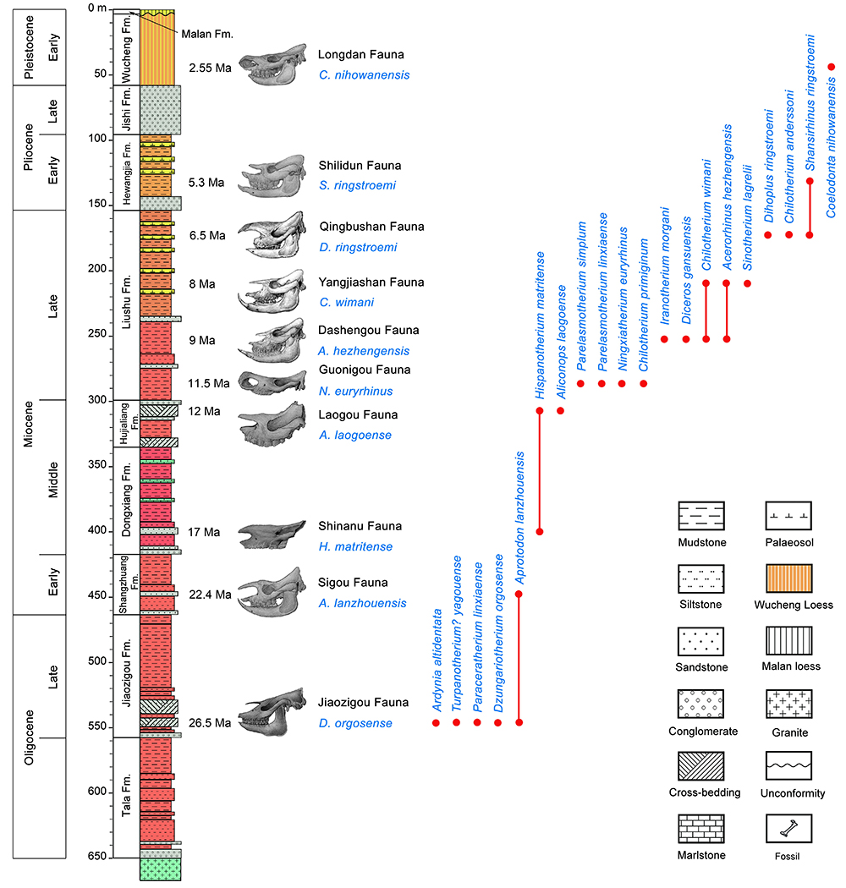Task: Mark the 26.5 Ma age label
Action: [x=210, y=723]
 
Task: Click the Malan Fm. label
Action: [x=206, y=34]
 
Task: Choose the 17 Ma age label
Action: [x=205, y=532]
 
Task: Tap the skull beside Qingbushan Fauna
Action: [x=272, y=234]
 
